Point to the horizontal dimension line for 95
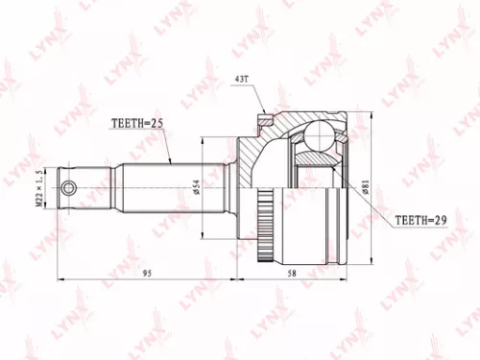click(115, 279)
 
